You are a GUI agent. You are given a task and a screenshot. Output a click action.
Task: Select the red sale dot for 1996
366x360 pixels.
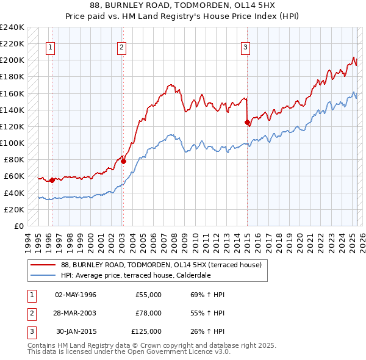coord(52,180)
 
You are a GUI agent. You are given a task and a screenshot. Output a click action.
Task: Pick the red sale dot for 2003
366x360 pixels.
coord(123,161)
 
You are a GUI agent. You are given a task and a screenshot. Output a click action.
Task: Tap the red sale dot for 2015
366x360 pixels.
coord(247,123)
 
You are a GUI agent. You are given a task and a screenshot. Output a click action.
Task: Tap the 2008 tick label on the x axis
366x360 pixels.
coord(175,239)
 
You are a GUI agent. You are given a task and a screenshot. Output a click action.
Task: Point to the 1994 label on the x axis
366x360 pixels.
coord(30,239)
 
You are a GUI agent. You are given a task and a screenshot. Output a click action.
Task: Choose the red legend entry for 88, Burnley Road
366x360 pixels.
coord(161,265)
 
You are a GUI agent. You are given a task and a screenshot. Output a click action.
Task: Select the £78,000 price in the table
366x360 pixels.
coord(148,313)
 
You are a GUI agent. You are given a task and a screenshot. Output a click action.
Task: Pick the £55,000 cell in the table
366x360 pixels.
coord(148,295)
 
